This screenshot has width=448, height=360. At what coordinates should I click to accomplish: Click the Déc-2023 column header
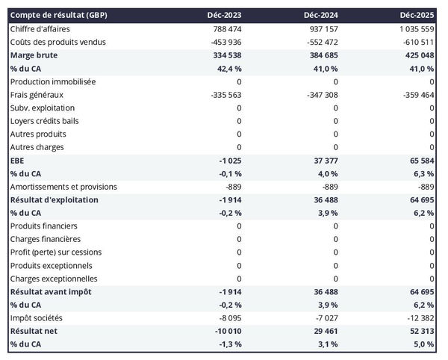pos(225,16)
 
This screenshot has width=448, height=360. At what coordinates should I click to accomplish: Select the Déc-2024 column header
pos(321,16)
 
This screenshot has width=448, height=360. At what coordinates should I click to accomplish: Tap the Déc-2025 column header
pos(417,16)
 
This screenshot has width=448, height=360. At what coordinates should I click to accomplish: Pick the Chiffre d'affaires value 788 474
pos(225,29)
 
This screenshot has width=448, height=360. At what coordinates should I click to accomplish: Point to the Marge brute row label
pos(34,55)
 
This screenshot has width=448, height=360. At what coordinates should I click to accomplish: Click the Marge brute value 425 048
pos(417,55)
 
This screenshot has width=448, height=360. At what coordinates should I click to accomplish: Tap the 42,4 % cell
pos(227,68)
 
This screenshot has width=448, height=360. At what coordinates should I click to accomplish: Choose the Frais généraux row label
pos(37,95)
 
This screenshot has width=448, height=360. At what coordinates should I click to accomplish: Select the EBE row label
pos(18,161)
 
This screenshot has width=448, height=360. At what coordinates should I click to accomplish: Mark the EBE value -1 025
pos(228,161)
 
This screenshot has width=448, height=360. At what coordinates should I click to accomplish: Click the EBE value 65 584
pos(419,161)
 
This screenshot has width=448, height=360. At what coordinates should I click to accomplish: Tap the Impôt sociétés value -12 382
pos(417,318)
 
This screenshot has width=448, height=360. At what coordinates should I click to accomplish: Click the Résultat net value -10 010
pos(225,331)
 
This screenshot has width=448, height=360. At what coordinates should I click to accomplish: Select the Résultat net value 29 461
pos(323,331)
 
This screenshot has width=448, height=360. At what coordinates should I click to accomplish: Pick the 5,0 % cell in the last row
pos(423,344)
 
